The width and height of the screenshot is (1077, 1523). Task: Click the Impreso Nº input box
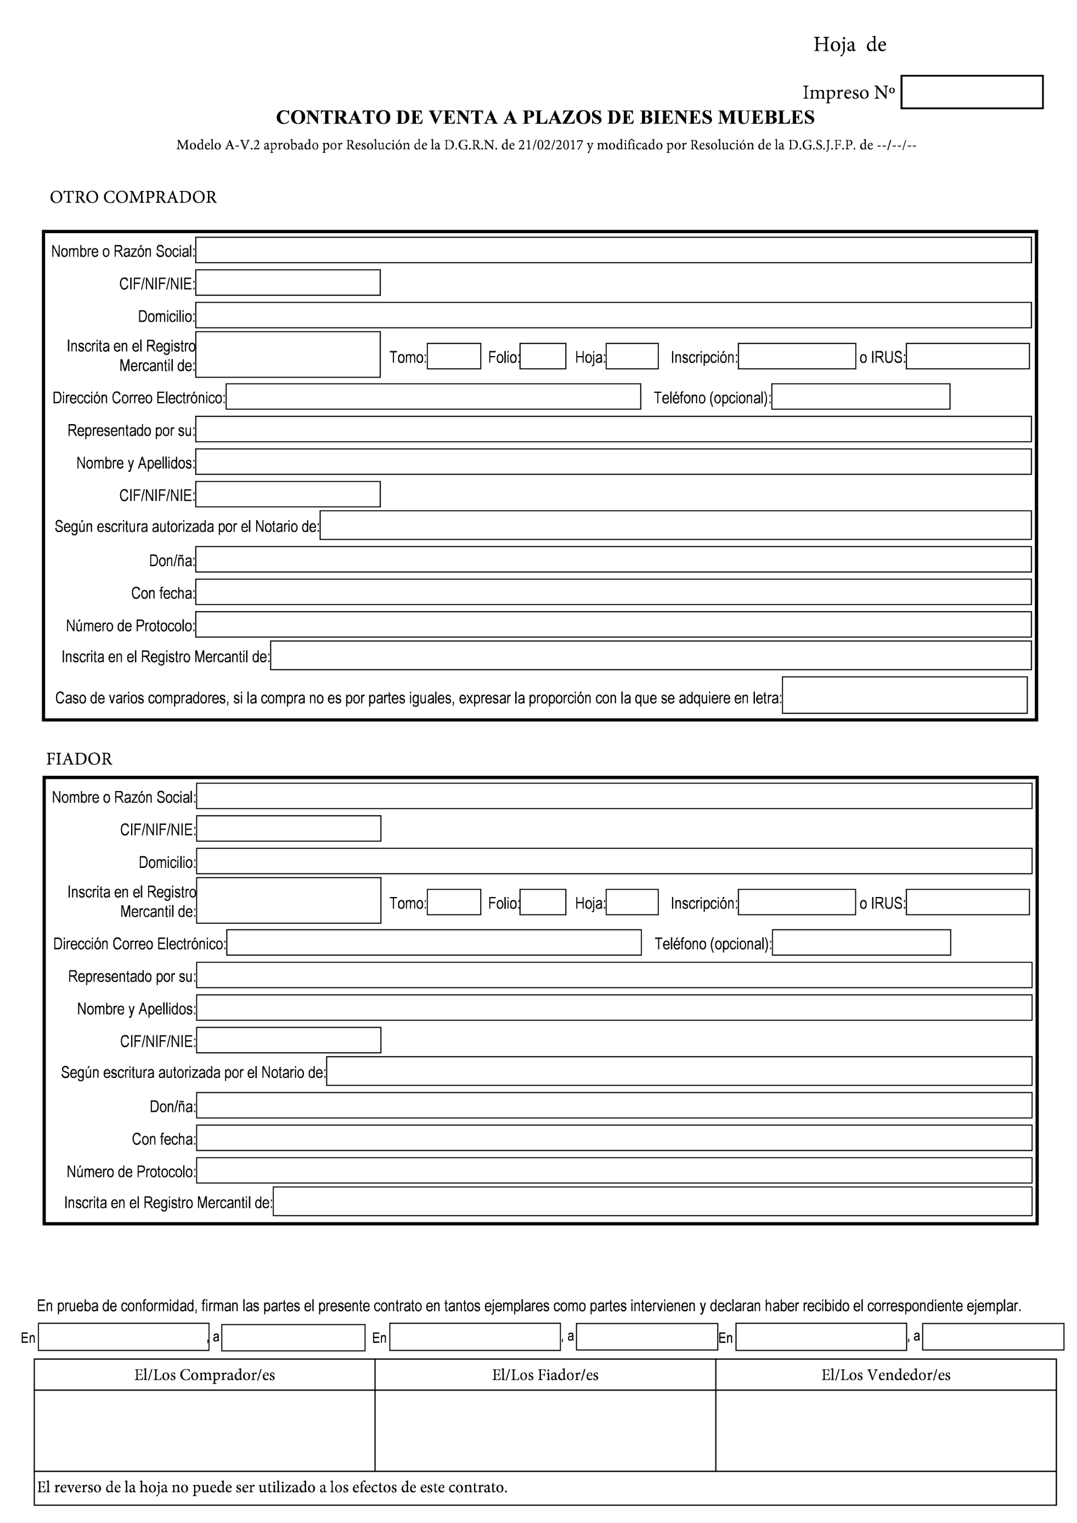click(x=972, y=92)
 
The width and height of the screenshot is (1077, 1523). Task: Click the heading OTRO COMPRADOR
click(x=133, y=197)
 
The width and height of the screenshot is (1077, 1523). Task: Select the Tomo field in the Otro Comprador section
click(x=454, y=356)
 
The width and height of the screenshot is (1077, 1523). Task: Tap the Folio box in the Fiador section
click(x=543, y=902)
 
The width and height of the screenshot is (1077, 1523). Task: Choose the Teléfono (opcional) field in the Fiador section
click(x=861, y=943)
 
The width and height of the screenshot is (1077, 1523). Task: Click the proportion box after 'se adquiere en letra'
click(x=905, y=695)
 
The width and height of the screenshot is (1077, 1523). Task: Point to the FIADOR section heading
click(x=80, y=759)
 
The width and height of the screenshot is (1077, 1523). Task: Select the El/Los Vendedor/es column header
click(x=886, y=1375)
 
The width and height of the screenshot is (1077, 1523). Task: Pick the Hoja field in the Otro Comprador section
click(x=632, y=356)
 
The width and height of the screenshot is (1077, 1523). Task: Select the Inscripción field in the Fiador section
click(x=797, y=902)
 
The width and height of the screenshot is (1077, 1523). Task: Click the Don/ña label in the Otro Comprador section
click(x=172, y=561)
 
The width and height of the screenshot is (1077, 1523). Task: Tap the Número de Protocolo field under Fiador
click(x=614, y=1170)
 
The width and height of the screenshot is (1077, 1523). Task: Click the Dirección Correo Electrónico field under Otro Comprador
click(x=433, y=397)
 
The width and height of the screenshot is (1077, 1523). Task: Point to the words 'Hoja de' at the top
click(x=849, y=44)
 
